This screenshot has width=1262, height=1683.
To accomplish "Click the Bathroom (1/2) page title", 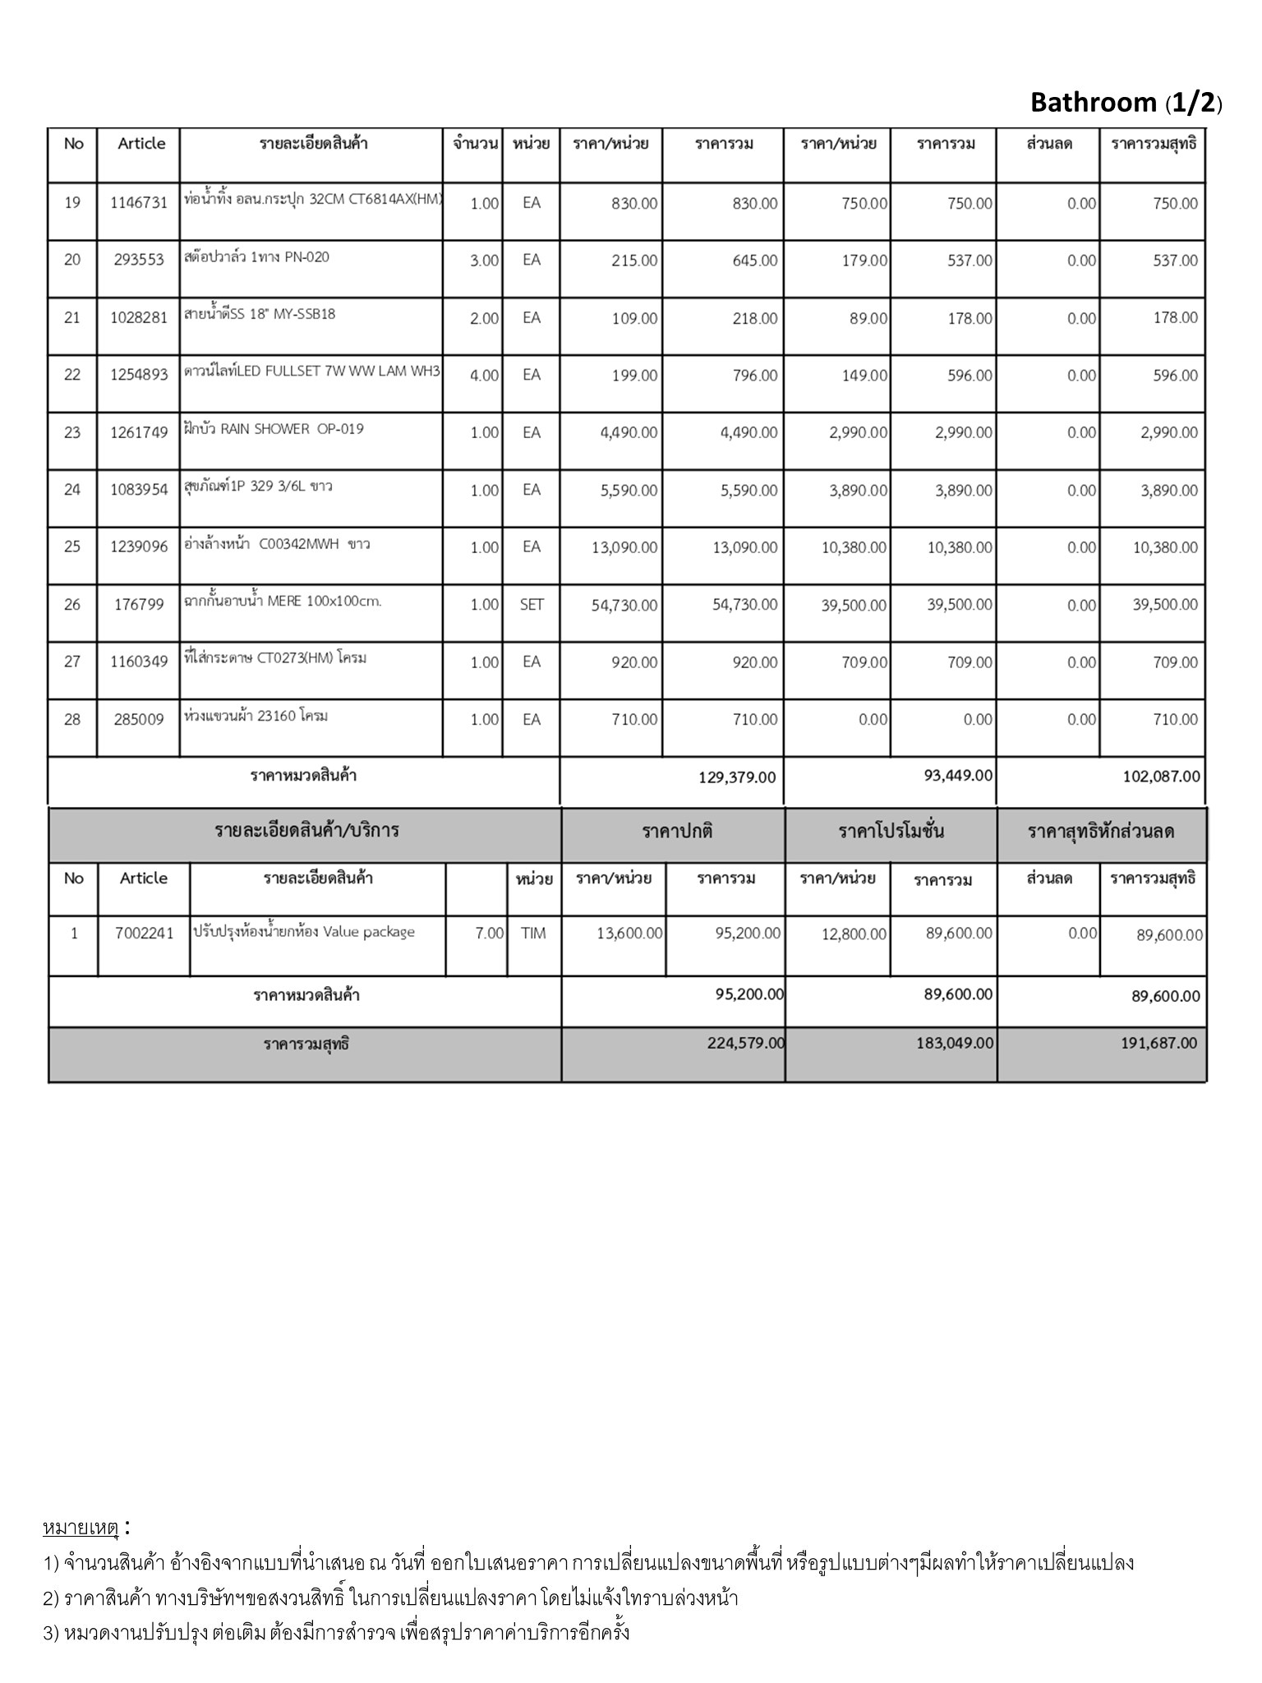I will (1126, 102).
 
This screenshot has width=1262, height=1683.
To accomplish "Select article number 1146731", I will (139, 203).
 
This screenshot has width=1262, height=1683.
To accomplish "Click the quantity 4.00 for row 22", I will (484, 376).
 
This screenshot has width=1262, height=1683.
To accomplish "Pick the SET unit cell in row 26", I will (532, 605).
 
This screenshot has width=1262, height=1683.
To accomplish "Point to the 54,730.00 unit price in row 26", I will (624, 606).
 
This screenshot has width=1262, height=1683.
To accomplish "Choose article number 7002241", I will (145, 934).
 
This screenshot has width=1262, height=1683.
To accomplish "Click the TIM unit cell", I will (533, 934).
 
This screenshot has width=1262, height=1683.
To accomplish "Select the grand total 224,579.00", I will (745, 1043).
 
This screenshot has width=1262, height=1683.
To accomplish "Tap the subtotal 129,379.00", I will (736, 777).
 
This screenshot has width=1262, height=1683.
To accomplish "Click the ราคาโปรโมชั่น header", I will (891, 831).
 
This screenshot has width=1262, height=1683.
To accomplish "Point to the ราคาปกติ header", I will (677, 831).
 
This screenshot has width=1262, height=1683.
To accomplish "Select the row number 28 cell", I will (72, 720).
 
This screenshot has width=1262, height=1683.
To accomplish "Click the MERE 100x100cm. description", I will (283, 602).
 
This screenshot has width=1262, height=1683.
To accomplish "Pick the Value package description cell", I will (304, 932).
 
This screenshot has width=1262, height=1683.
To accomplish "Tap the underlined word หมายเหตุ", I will (81, 1528).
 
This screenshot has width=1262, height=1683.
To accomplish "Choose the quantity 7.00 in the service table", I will (489, 934).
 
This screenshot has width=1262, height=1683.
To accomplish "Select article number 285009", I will (139, 720).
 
